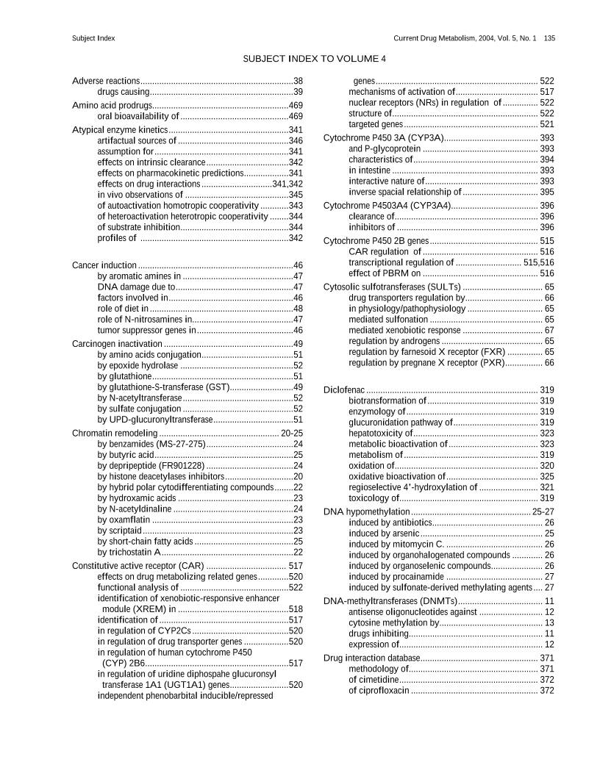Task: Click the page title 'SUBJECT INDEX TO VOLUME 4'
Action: (x=314, y=58)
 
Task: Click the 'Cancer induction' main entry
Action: (x=104, y=265)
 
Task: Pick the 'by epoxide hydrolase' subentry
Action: (x=137, y=364)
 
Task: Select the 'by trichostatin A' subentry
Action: (x=129, y=552)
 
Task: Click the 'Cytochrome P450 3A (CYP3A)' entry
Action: (x=384, y=137)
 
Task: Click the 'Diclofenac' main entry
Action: (x=344, y=389)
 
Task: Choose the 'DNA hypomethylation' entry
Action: (x=367, y=511)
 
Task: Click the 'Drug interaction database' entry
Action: (x=372, y=658)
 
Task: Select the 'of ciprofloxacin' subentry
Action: (x=379, y=691)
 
